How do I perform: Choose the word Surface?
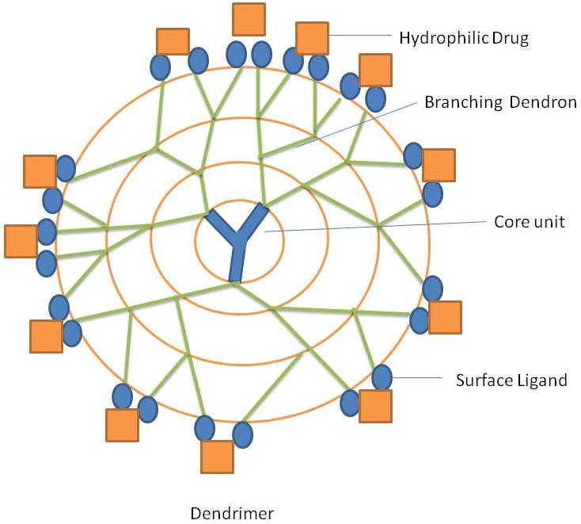(x=480, y=380)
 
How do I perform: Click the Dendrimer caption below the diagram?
(x=232, y=513)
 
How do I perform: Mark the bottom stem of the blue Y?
(x=235, y=262)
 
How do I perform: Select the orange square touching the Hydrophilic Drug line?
(x=312, y=38)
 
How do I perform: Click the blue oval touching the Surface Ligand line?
(x=382, y=377)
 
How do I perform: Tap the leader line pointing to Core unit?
(x=372, y=227)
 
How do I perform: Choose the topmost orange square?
(x=249, y=19)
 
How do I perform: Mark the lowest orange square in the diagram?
(x=217, y=457)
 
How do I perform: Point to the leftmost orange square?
(x=21, y=241)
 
